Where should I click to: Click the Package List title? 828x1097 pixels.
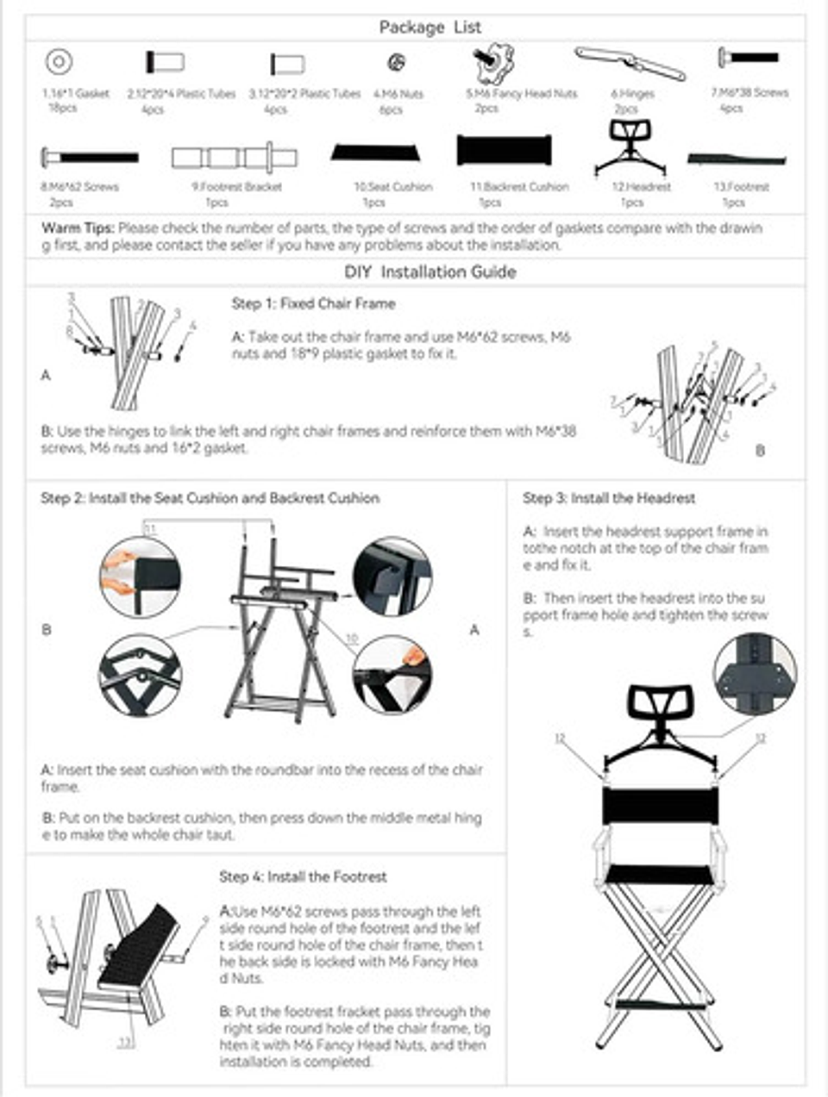pos(430,28)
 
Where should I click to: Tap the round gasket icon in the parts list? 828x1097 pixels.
pos(60,62)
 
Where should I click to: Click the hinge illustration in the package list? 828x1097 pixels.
pos(630,63)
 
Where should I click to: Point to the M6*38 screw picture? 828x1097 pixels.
pos(749,58)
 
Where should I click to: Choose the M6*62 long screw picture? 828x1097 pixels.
pos(90,158)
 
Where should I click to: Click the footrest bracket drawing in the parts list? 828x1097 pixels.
pos(234,158)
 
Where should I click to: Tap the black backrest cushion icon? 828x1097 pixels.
pos(504,151)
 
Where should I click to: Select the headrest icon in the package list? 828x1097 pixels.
pos(631,147)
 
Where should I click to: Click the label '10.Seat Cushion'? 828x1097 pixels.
pos(393,186)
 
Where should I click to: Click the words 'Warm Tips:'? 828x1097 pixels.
pos(78,228)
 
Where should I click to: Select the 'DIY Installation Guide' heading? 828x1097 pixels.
pos(430,272)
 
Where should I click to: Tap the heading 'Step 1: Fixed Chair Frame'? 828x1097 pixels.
pos(313,303)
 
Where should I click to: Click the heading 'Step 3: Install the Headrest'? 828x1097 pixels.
pos(608,498)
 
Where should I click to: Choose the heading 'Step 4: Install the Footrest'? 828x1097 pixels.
pos(303,876)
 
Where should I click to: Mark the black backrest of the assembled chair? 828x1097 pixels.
pos(660,807)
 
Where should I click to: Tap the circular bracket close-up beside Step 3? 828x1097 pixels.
pos(755,673)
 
